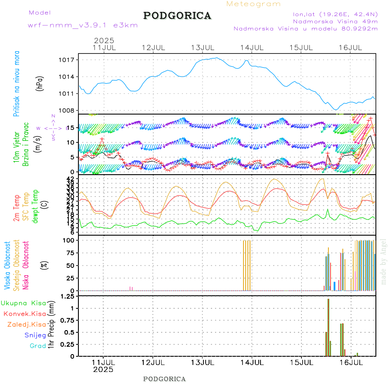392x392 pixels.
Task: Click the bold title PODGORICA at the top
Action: click(177, 16)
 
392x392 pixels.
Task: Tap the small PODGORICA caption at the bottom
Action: click(165, 379)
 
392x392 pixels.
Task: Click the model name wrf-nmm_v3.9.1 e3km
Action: click(83, 25)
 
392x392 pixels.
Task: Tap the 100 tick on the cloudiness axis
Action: click(70, 240)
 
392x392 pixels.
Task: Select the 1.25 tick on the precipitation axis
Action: click(67, 297)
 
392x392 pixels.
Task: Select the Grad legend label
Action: click(38, 346)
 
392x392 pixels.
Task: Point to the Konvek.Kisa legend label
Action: click(25, 314)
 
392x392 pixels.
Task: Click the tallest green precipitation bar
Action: click(328, 327)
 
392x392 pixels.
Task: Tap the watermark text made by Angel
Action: click(384, 261)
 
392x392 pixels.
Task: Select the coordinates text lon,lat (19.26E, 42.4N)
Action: click(335, 14)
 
